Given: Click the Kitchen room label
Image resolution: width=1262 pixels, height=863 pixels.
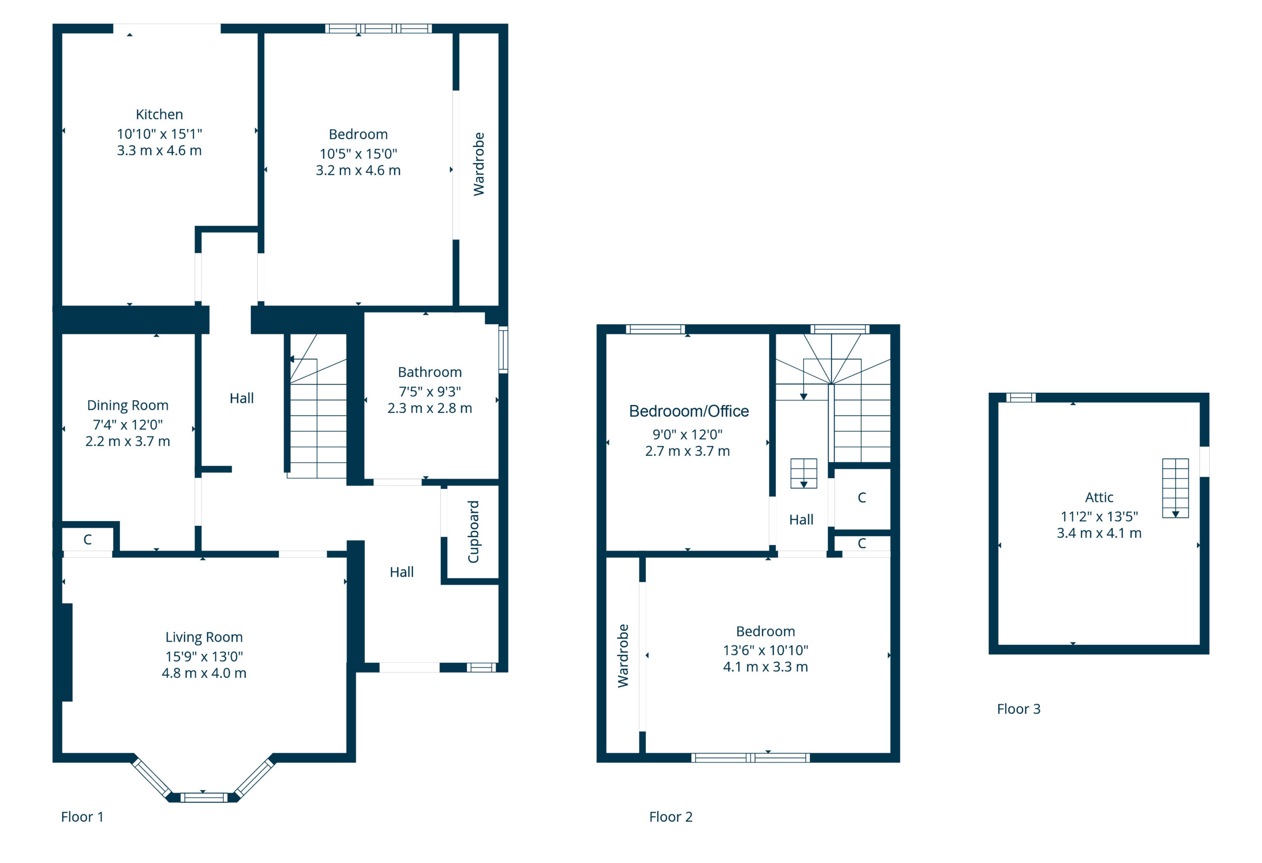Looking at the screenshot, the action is tap(159, 114).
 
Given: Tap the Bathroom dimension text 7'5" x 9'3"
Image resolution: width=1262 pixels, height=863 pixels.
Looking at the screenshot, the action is tap(429, 391).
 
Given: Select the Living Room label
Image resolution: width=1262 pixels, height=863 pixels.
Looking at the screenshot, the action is tap(204, 637).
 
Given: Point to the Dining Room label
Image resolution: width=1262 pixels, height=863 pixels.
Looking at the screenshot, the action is tap(128, 406).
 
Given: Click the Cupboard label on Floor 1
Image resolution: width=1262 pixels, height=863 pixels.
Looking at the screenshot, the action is tap(474, 531).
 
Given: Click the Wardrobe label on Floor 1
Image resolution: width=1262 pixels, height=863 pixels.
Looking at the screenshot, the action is tap(478, 164).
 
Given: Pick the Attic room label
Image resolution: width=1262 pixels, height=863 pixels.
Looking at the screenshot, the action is tap(1099, 497).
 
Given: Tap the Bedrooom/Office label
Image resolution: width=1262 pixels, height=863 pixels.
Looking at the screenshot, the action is tap(689, 411).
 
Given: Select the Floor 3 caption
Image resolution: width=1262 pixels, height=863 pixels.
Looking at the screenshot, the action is tap(1019, 709).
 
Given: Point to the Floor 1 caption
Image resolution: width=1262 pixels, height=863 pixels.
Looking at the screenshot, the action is tap(82, 817).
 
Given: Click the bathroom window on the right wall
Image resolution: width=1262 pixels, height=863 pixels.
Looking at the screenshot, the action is tap(503, 349).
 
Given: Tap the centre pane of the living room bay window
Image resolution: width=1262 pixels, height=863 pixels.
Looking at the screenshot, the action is tap(204, 797).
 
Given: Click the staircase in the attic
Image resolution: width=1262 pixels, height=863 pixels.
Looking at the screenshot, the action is tap(1175, 488).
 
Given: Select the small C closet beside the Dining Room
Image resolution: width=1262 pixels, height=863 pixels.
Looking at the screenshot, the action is tap(87, 540).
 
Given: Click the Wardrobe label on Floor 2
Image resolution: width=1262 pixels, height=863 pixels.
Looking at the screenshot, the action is tap(623, 656).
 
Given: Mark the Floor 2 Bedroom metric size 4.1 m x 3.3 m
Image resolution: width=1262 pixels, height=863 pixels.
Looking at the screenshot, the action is tap(765, 666).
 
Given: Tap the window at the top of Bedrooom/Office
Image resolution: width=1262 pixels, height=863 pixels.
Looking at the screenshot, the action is tap(656, 329).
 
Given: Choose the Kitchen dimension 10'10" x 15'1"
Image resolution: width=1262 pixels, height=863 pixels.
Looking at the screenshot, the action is tap(159, 134).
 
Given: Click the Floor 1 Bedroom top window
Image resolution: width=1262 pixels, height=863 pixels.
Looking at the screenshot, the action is tap(379, 28).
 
